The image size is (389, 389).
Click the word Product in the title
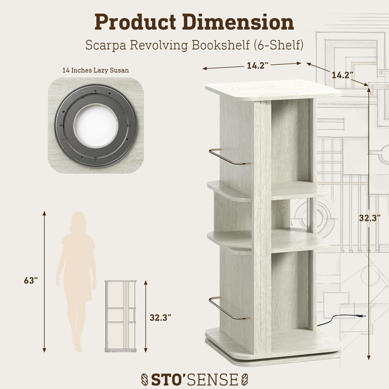point(135,22)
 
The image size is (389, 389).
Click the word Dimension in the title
point(238,22)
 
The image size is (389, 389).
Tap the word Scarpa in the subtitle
point(106,45)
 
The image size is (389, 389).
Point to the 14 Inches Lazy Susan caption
point(95,71)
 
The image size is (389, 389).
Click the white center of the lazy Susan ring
point(96,125)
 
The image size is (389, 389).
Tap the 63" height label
point(31,281)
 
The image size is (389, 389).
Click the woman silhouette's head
point(78,222)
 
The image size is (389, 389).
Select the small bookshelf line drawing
point(121,316)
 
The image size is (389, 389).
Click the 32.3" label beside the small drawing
point(160,318)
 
